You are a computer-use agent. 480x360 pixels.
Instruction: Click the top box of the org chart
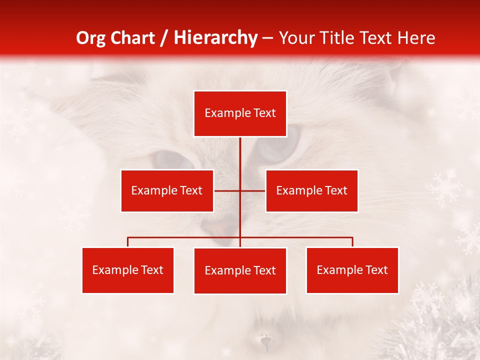pos(240,113)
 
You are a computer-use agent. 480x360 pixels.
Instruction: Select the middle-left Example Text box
pos(167,190)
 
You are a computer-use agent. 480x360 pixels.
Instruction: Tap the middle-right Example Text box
pos(311,190)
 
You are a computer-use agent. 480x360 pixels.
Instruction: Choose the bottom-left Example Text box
pos(128,270)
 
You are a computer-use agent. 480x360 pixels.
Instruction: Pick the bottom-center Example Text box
pos(240,270)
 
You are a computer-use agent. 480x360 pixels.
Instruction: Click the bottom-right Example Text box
pos(352,270)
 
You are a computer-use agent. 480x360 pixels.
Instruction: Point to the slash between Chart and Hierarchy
pos(164,38)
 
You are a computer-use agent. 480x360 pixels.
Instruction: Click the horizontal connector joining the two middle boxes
pos(227,190)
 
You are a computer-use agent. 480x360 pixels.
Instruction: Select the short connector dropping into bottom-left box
pos(128,242)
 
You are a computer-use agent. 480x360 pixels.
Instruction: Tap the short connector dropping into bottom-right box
pos(352,242)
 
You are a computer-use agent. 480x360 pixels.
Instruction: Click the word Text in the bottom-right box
pos(376,270)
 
